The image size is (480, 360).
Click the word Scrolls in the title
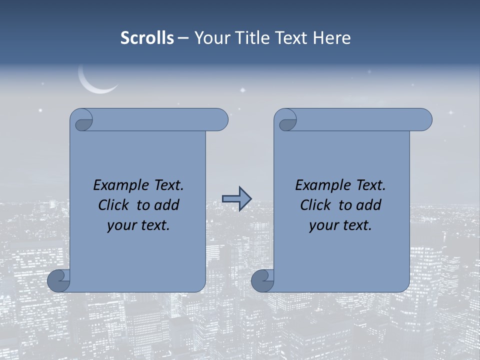[x=147, y=38]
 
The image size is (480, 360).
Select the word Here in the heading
[x=331, y=38]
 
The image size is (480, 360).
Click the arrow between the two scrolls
[x=236, y=199]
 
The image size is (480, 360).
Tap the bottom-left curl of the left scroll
[x=59, y=280]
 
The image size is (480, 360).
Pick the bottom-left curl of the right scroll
[x=262, y=280]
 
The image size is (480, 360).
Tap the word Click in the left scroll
[x=113, y=205]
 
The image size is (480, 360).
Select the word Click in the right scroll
[x=315, y=205]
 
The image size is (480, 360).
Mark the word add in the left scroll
[x=167, y=205]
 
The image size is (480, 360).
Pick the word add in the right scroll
[x=369, y=205]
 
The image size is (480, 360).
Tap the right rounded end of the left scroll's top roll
[x=220, y=120]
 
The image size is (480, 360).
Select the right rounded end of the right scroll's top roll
[x=424, y=120]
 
